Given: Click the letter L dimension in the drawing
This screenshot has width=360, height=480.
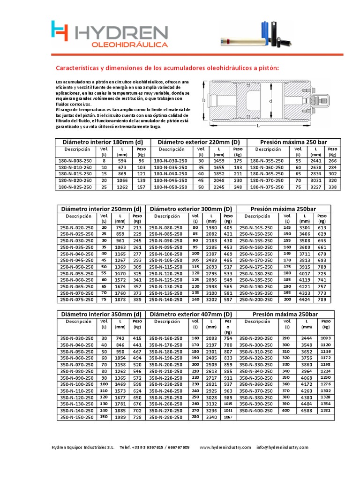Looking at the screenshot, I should coord(258,125).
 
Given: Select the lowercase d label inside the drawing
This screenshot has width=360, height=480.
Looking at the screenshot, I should coord(270,101).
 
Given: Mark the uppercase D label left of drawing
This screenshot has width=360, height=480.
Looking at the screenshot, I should coord(204,100).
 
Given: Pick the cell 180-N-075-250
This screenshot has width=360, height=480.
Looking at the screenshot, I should coord(267,187).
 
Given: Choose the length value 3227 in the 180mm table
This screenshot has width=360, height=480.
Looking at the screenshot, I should coord(316,187).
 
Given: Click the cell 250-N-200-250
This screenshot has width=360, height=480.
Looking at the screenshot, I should coord(258,299).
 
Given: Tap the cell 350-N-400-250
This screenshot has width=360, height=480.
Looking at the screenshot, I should coord(258,410).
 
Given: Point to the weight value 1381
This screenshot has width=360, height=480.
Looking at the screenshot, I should coord(326,410).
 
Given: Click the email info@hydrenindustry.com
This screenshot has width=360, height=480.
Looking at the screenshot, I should coord(283,448).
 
